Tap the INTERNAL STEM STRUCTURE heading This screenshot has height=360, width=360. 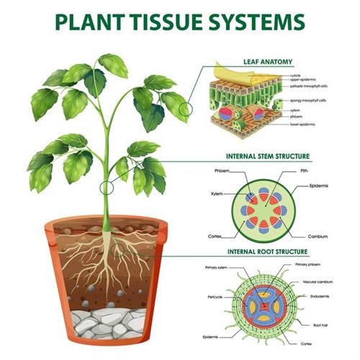268,156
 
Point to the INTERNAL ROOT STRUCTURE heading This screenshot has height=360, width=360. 268,251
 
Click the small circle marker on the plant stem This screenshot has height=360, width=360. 108,189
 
